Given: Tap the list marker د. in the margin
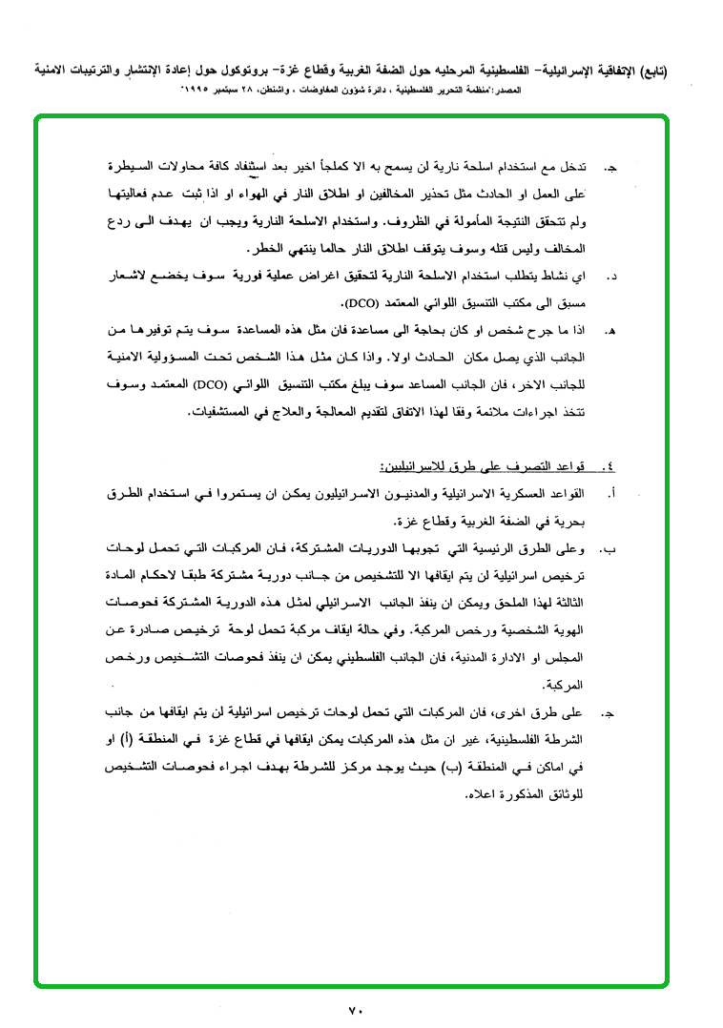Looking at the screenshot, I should (x=611, y=278).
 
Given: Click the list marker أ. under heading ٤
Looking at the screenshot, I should (x=611, y=495).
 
